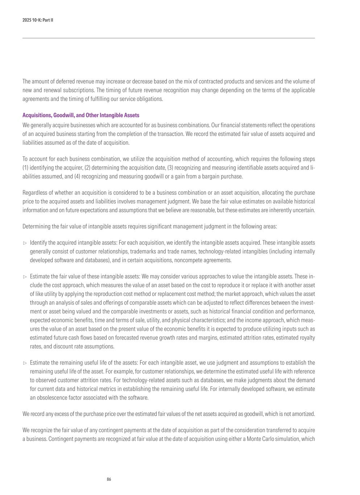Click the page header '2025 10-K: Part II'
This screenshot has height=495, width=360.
coord(38,20)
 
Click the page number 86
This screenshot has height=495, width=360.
coord(109,479)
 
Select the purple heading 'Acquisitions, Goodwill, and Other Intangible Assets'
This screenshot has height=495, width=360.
coord(81,115)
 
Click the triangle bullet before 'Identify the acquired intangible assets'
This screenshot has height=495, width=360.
coord(25,243)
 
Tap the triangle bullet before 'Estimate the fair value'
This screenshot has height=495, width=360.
coord(25,277)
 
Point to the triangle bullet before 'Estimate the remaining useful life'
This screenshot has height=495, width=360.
coord(25,363)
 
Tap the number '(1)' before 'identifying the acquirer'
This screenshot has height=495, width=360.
coord(26,168)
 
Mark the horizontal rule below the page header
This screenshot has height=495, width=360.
coord(169,38)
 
